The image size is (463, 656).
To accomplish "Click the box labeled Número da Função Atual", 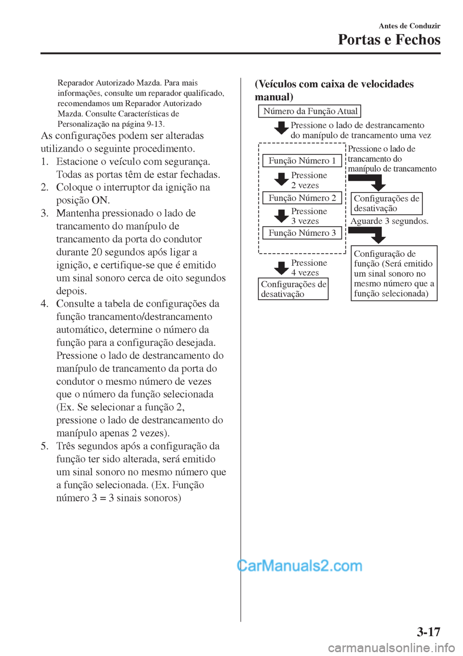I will tap(310, 111).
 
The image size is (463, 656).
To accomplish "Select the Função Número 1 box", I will tap(302, 161).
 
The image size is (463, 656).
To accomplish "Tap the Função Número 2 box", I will tap(302, 198).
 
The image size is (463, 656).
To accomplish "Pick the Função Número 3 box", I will tap(302, 233).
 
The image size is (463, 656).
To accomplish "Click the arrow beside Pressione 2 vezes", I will tap(281, 180).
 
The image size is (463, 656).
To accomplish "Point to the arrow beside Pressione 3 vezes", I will tap(281, 216).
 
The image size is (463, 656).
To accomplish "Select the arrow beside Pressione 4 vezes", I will tap(281, 268).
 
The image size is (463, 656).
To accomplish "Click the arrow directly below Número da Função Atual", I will tap(281, 129).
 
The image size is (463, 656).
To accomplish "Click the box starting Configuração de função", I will tap(394, 273).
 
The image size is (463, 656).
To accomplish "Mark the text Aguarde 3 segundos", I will tap(389, 221).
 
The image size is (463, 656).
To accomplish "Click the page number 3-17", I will tap(428, 631).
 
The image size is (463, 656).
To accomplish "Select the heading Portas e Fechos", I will tap(389, 40).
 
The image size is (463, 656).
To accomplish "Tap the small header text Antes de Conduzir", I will tap(409, 26).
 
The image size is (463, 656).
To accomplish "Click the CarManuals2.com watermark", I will tap(300, 565).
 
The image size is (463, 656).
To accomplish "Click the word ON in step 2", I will tap(100, 200).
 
